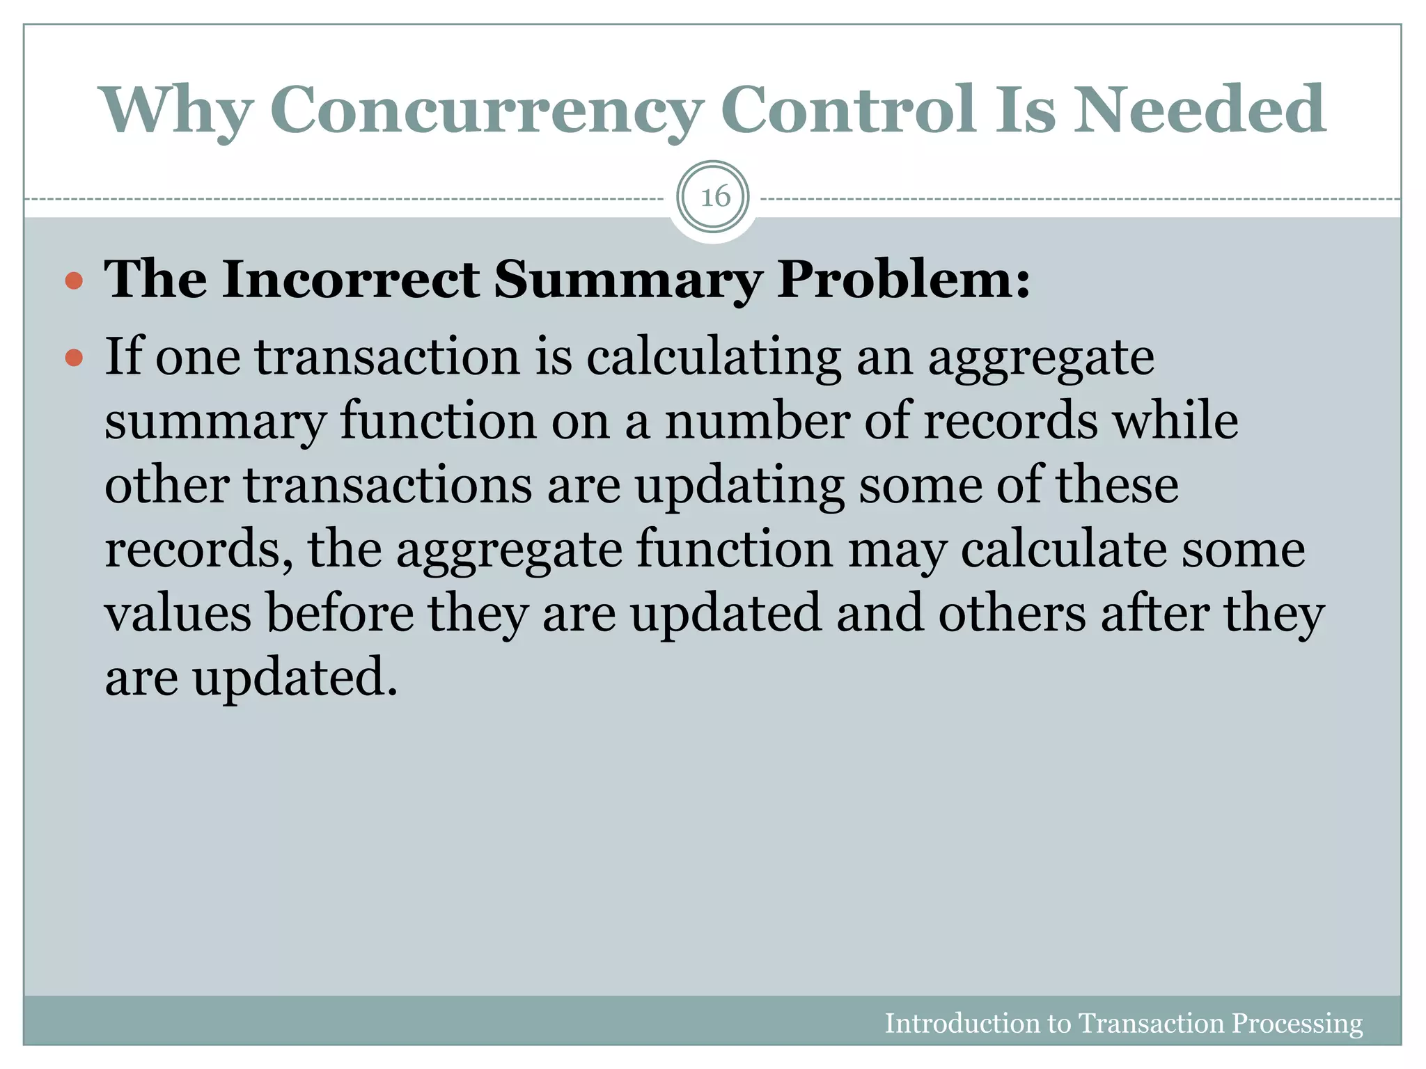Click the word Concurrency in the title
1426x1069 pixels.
click(485, 109)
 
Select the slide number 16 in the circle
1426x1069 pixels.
click(714, 197)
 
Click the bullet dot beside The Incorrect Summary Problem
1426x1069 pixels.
click(74, 281)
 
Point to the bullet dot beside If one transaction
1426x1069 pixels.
click(74, 359)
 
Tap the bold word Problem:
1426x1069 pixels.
click(903, 280)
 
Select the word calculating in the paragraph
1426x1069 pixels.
click(714, 358)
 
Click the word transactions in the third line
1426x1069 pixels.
click(388, 486)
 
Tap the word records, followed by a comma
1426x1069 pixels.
click(198, 550)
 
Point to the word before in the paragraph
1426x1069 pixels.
click(340, 614)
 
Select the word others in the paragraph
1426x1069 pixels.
click(1012, 614)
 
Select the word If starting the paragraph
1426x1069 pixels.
click(123, 358)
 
